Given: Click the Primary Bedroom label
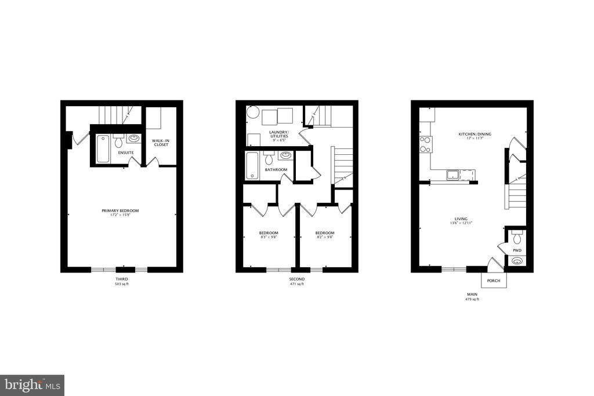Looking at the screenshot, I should pos(120,210).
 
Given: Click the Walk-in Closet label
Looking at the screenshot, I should pos(160,142).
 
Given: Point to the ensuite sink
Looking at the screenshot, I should pos(134,139).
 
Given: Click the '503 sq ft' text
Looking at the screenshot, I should pos(121,285).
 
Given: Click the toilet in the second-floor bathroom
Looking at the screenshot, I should pos(269,158).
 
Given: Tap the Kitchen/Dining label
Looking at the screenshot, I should pos(475,134).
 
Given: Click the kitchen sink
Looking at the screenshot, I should pos(452,174).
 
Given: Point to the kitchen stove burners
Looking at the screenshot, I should pos(425,143).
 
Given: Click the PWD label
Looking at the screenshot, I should pos(517,250).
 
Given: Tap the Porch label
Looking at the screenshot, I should pos(494,281).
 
